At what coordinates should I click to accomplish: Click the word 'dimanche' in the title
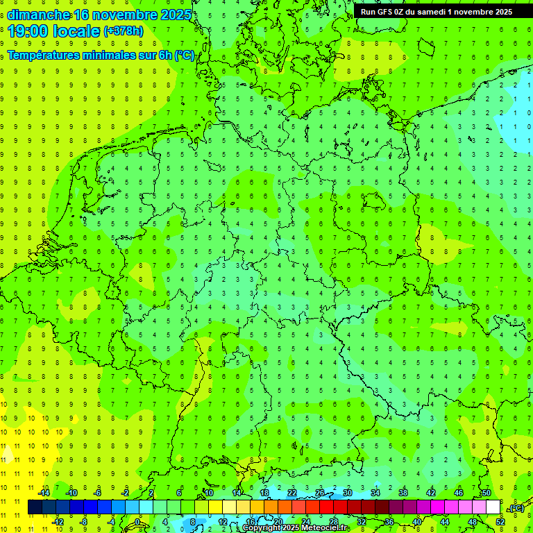click(x=37, y=15)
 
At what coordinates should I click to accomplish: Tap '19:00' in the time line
click(x=26, y=31)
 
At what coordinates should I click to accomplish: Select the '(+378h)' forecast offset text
click(x=124, y=31)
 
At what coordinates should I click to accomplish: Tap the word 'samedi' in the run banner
click(x=429, y=11)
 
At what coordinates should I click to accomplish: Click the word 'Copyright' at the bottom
click(x=263, y=528)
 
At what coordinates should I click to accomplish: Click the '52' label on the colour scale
click(x=500, y=522)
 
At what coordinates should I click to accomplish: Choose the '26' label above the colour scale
click(x=320, y=493)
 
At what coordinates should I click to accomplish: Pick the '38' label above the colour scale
click(x=403, y=493)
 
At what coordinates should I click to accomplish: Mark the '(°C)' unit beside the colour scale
click(x=516, y=508)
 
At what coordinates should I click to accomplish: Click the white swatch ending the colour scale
click(x=493, y=507)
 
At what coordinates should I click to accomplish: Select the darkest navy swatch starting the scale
click(x=35, y=507)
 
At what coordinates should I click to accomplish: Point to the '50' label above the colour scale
click(x=487, y=493)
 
